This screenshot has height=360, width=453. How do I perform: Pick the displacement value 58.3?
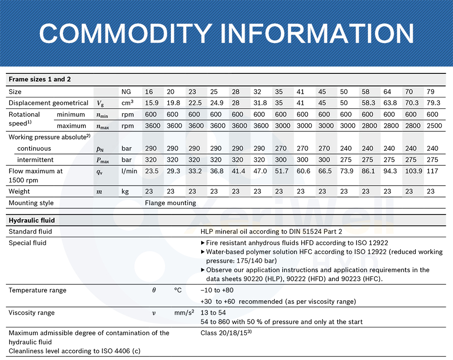[368, 103]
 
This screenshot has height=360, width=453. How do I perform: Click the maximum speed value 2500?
[434, 125]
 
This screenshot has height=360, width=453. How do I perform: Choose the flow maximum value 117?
[434, 171]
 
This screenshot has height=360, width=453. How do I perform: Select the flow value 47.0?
[259, 171]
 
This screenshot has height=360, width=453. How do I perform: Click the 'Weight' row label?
[19, 192]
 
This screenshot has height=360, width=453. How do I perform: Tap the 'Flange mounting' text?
[170, 203]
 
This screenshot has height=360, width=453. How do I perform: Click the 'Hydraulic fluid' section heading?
[32, 221]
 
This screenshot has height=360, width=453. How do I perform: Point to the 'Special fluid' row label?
[28, 243]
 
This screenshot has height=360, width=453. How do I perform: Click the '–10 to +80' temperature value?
[217, 290]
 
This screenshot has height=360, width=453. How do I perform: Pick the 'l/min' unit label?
[129, 171]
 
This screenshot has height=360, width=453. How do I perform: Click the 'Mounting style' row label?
[31, 203]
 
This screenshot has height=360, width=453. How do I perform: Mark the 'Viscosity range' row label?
[32, 312]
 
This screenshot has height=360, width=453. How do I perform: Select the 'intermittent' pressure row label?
[35, 160]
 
